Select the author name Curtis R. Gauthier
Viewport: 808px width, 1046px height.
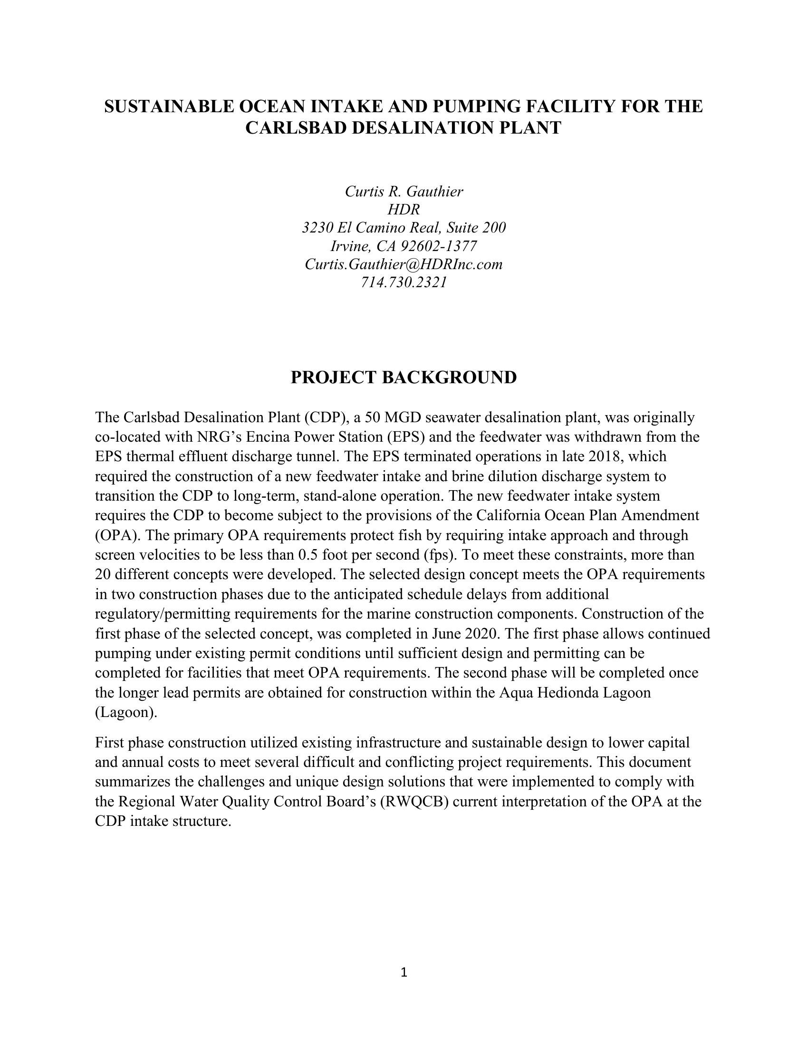(404, 192)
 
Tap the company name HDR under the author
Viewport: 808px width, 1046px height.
(404, 210)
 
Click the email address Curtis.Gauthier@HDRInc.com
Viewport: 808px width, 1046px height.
(404, 264)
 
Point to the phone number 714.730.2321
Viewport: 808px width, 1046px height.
(404, 282)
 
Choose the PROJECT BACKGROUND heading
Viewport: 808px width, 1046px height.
(404, 378)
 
